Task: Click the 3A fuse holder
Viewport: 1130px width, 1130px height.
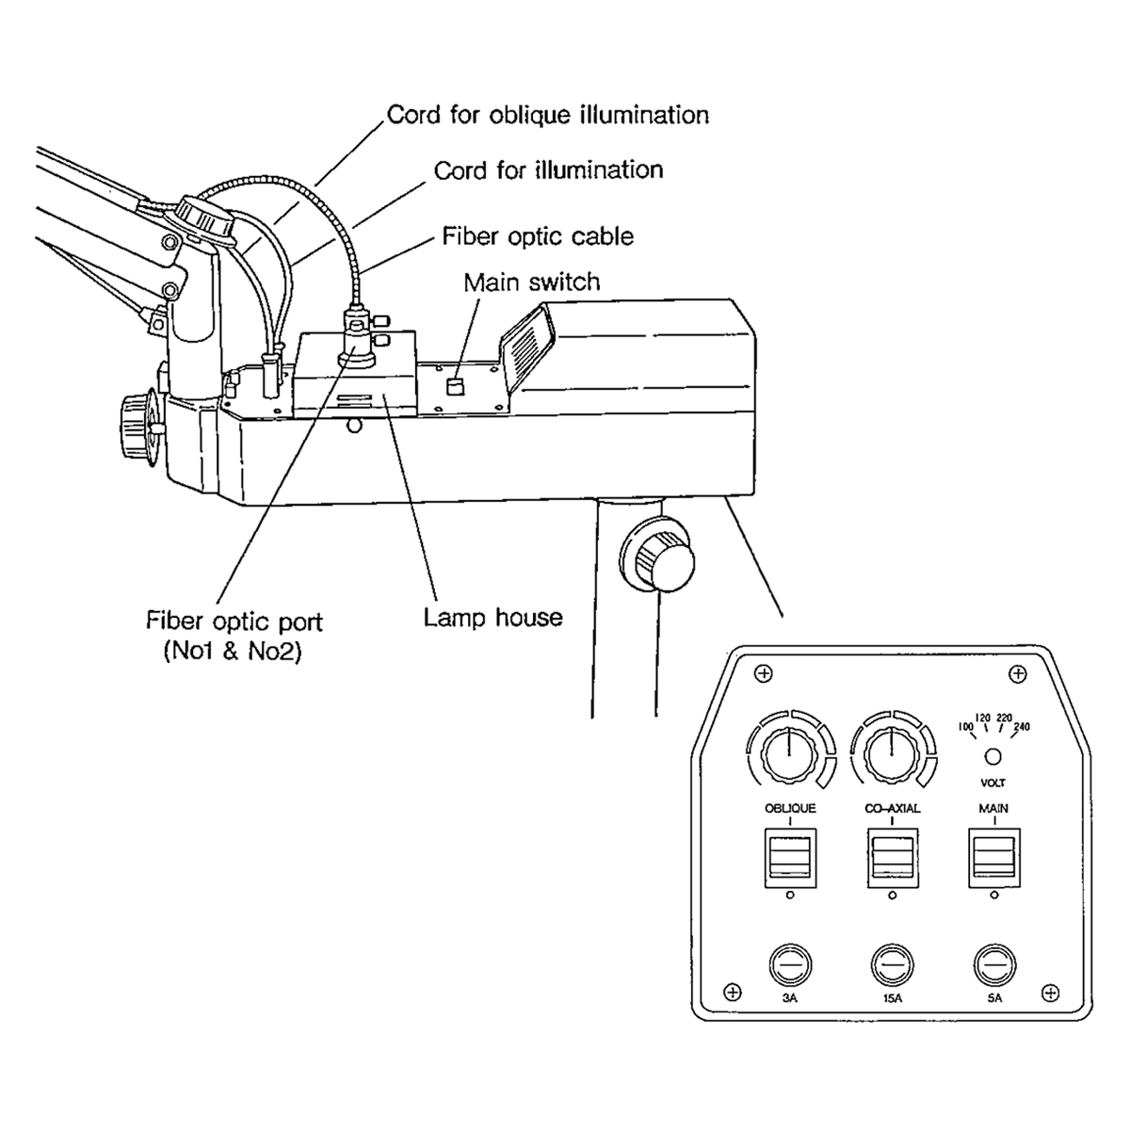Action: [790, 964]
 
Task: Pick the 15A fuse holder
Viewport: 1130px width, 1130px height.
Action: [892, 964]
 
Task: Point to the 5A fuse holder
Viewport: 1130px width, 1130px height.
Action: [994, 964]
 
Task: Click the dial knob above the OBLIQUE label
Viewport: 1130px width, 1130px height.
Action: [790, 754]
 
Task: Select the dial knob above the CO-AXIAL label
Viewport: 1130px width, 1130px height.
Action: [892, 754]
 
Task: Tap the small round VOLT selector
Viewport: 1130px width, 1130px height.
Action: [993, 756]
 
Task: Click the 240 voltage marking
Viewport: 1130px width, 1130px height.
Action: [1022, 727]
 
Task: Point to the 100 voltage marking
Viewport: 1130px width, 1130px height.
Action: [965, 727]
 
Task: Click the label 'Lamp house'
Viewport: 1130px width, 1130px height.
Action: [492, 618]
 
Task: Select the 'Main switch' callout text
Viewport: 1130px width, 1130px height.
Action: [532, 282]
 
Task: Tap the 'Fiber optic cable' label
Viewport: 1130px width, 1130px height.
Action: [538, 235]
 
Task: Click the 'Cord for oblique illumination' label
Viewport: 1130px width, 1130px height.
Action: [548, 114]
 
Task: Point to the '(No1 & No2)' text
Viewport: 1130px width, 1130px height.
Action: [233, 652]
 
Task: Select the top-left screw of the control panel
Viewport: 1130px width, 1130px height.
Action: [764, 673]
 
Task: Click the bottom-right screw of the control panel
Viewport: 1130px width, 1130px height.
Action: [1050, 993]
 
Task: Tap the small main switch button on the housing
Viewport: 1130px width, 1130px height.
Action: [455, 386]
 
